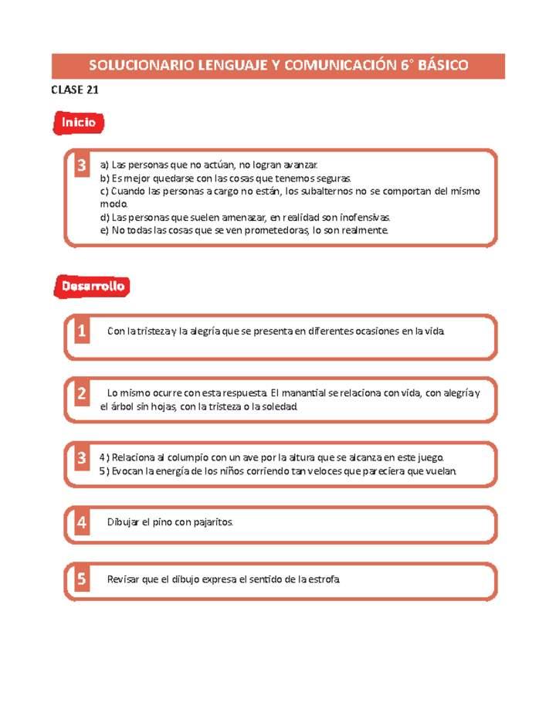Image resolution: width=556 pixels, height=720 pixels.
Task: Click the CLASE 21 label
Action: [74, 90]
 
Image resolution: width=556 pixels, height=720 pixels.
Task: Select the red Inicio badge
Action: [78, 122]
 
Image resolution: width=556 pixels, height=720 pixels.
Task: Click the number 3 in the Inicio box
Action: [81, 165]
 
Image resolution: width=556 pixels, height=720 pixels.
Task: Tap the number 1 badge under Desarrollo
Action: [81, 331]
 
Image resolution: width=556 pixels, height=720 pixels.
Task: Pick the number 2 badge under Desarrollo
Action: [81, 394]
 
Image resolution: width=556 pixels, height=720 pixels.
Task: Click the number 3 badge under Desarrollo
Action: [81, 458]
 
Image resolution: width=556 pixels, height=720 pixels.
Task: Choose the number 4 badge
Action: [81, 522]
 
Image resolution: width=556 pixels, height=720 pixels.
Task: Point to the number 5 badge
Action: [81, 579]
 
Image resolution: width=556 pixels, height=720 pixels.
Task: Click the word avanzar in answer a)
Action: [300, 165]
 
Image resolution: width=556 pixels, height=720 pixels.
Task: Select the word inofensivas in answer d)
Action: [361, 217]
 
